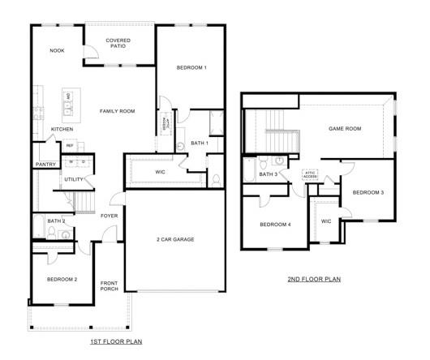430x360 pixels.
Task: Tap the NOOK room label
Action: click(x=57, y=50)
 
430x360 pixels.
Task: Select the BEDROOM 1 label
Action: click(x=191, y=67)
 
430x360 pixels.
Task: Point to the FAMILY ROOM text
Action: click(x=117, y=111)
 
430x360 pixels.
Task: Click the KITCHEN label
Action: click(x=62, y=130)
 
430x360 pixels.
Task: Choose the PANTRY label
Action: click(x=45, y=165)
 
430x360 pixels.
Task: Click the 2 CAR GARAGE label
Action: click(x=174, y=239)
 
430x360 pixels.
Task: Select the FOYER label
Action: click(x=109, y=216)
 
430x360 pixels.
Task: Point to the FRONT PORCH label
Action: click(x=110, y=286)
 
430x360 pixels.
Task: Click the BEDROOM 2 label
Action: click(x=62, y=279)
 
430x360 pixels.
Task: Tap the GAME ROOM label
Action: click(x=343, y=128)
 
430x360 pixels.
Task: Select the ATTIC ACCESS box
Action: click(x=309, y=174)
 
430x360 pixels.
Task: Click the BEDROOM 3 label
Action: click(x=368, y=192)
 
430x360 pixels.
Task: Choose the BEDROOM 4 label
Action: click(x=275, y=225)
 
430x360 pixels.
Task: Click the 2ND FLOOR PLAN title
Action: click(x=314, y=280)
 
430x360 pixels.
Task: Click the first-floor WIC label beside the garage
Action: click(x=160, y=172)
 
